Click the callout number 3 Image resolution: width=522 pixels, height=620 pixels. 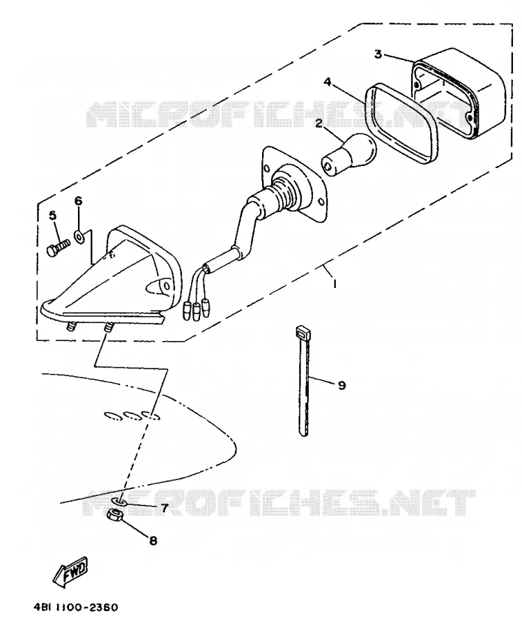pyautogui.click(x=378, y=54)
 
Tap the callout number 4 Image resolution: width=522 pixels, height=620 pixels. pyautogui.click(x=328, y=82)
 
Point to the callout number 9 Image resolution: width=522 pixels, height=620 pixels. pyautogui.click(x=342, y=384)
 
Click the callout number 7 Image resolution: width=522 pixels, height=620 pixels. pyautogui.click(x=164, y=507)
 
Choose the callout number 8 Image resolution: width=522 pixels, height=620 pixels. pyautogui.click(x=153, y=540)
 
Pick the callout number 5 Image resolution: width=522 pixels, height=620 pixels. pyautogui.click(x=52, y=216)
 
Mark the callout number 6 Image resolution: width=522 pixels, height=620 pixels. pyautogui.click(x=79, y=201)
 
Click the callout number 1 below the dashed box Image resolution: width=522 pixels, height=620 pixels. pyautogui.click(x=335, y=284)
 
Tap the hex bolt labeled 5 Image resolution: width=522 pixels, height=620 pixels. pyautogui.click(x=58, y=248)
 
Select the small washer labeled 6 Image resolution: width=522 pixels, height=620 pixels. pyautogui.click(x=79, y=236)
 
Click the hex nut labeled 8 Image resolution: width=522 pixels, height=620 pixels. pyautogui.click(x=114, y=515)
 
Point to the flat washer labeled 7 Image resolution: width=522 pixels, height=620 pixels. pyautogui.click(x=119, y=502)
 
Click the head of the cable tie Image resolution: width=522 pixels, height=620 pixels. pyautogui.click(x=303, y=331)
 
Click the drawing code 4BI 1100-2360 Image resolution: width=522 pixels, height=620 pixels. pyautogui.click(x=76, y=607)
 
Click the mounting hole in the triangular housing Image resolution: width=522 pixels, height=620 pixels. pyautogui.click(x=167, y=285)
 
